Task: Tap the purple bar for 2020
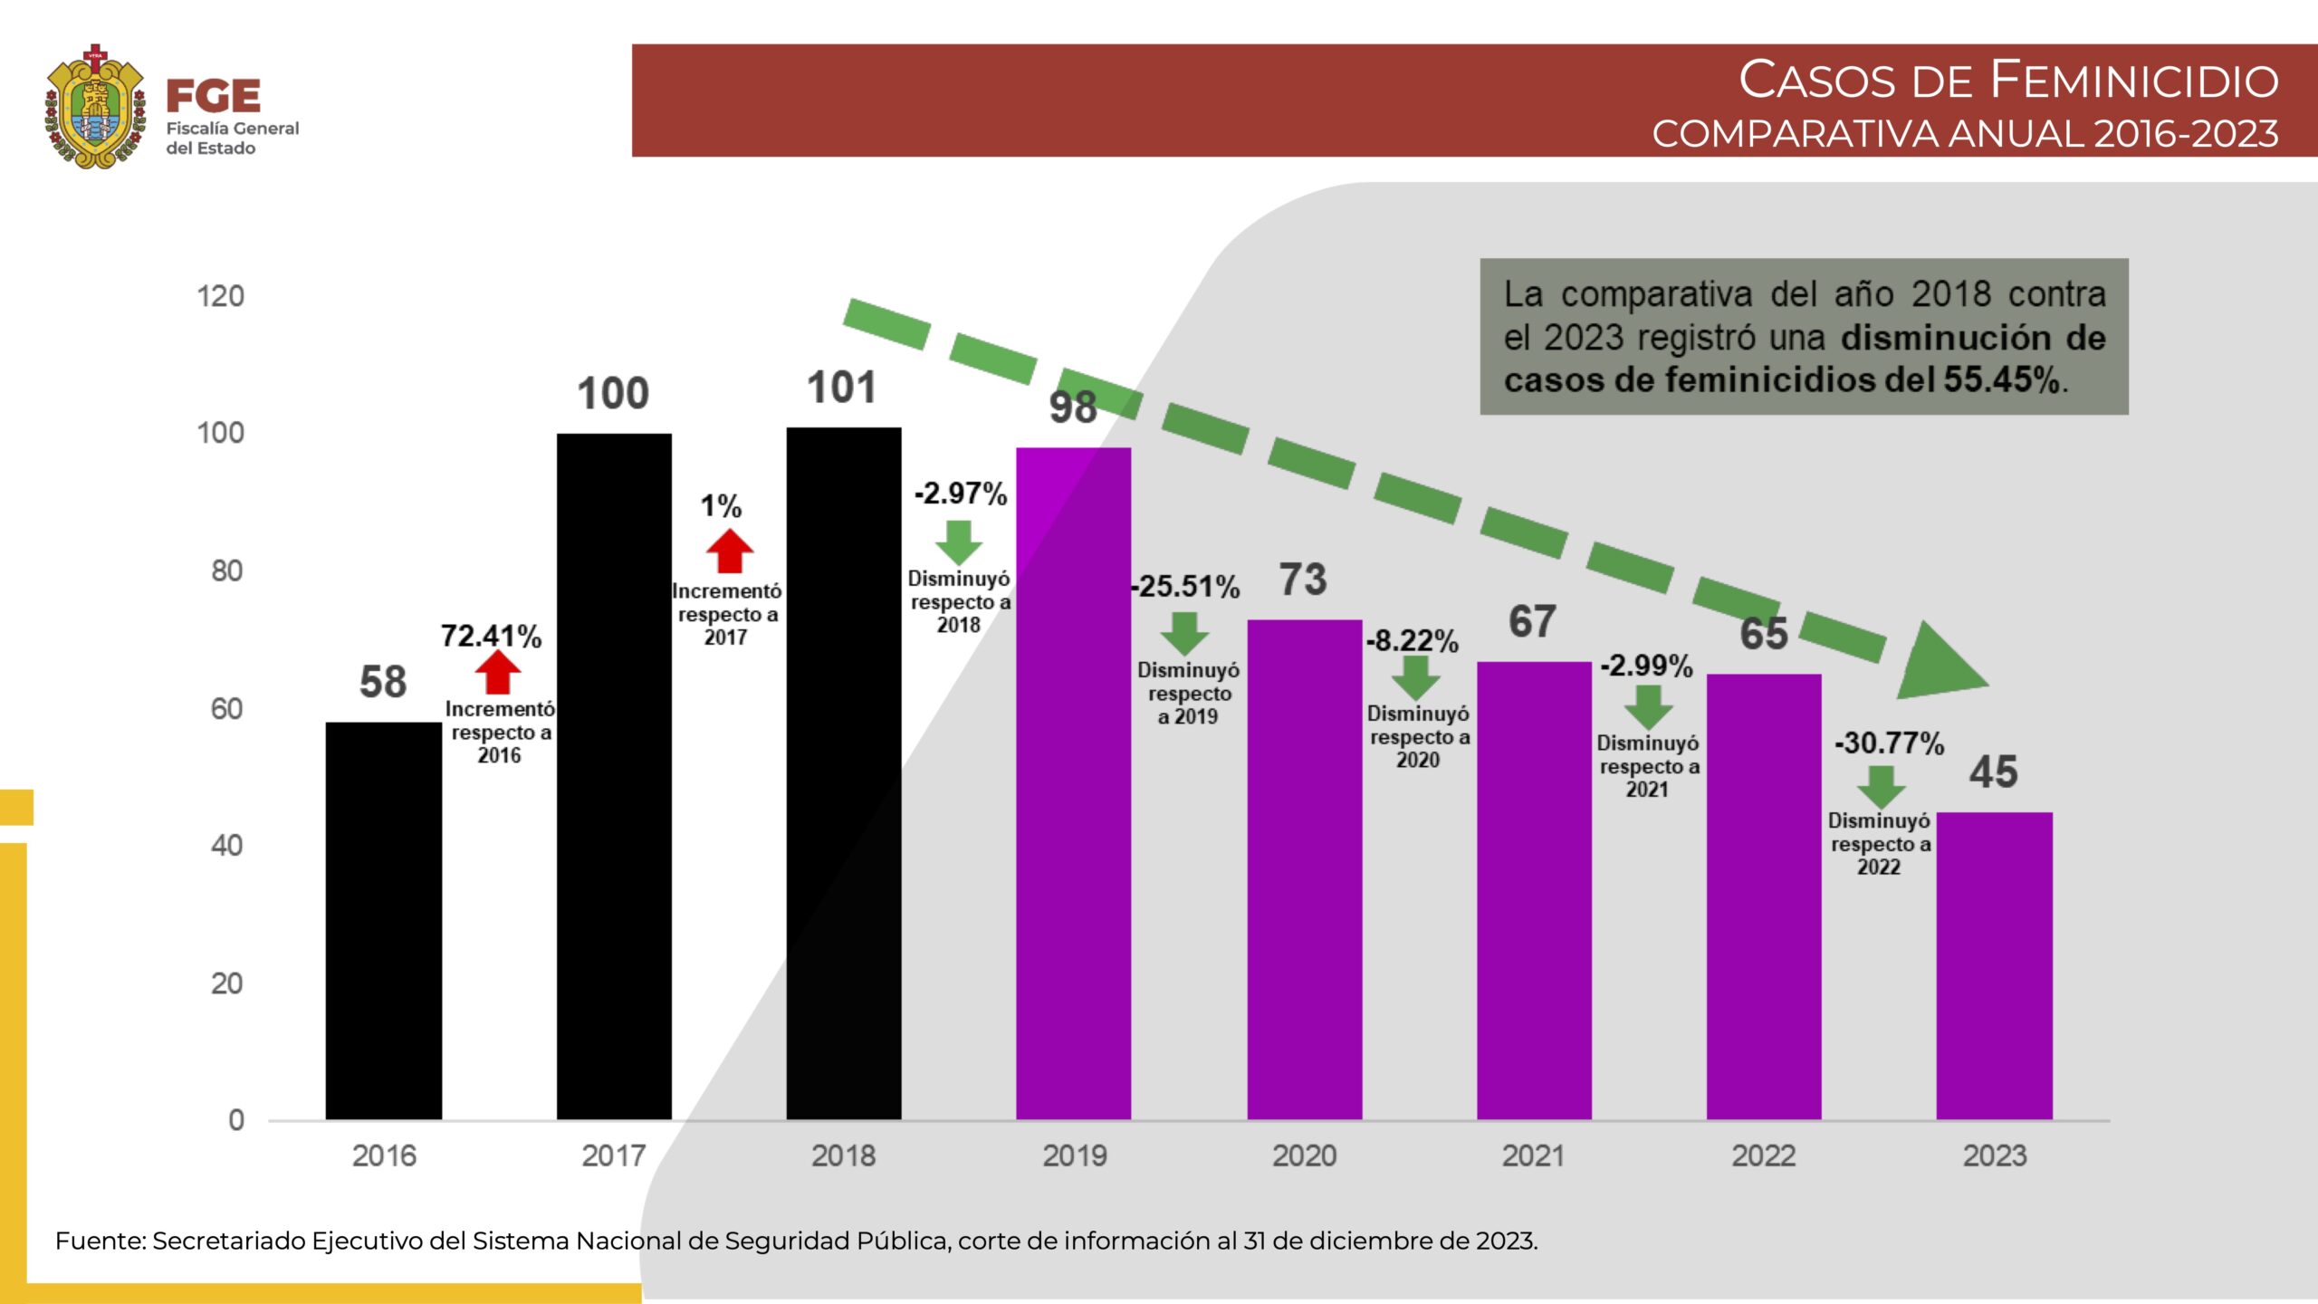point(1304,869)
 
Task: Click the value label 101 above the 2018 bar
point(841,388)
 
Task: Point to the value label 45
point(1993,772)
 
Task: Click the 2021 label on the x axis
point(1533,1155)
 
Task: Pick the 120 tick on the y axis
point(221,296)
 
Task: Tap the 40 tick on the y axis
point(226,846)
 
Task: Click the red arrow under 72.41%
point(497,673)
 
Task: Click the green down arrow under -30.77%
point(1881,786)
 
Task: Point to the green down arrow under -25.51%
point(1184,632)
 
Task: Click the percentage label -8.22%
point(1413,641)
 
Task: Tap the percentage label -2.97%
point(961,494)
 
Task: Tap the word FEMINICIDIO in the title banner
point(2133,80)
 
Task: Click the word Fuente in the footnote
point(99,1241)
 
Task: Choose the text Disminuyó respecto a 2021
point(1648,766)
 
